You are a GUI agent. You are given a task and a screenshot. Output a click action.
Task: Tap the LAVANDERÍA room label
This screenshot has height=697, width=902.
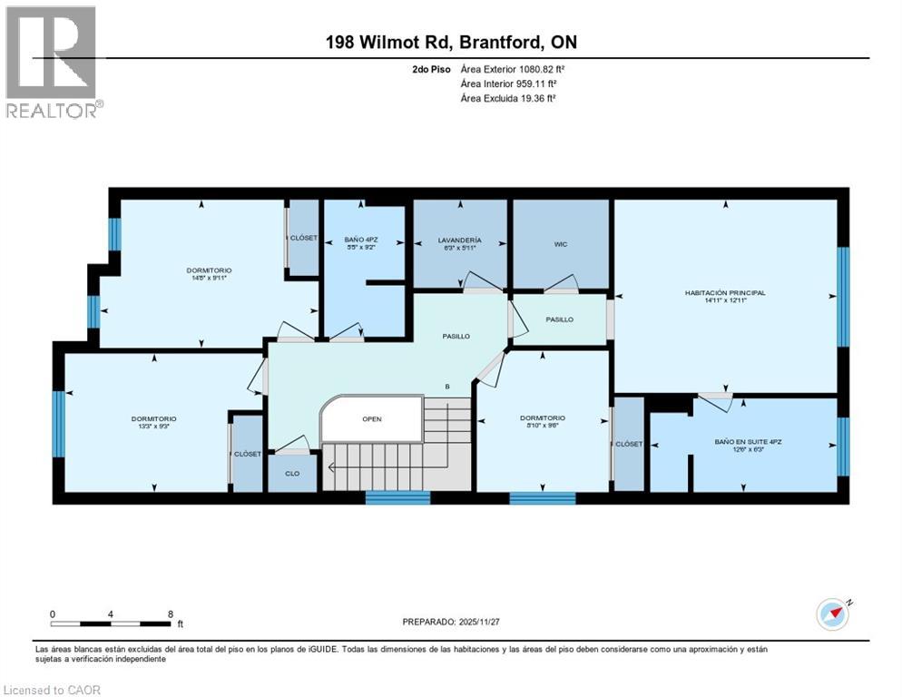tap(459, 241)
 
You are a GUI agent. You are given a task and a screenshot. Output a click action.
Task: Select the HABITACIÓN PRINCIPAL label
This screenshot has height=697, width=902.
tap(725, 293)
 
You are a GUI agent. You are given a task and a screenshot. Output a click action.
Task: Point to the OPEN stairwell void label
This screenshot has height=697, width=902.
tap(372, 419)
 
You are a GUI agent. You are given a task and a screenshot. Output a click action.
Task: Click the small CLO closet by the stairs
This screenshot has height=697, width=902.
tap(291, 472)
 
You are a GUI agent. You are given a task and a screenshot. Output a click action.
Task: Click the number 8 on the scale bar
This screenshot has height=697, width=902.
tap(171, 614)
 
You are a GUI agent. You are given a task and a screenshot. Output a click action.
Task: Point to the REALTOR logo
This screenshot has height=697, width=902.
tap(52, 62)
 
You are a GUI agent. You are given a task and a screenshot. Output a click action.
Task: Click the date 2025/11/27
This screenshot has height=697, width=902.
tap(484, 622)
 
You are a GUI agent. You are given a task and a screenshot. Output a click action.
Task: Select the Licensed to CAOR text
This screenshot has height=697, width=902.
tap(52, 690)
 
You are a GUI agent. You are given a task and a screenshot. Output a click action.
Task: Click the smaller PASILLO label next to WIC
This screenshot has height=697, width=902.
tap(559, 319)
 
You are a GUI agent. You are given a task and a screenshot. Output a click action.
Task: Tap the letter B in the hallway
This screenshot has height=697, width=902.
tap(446, 388)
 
